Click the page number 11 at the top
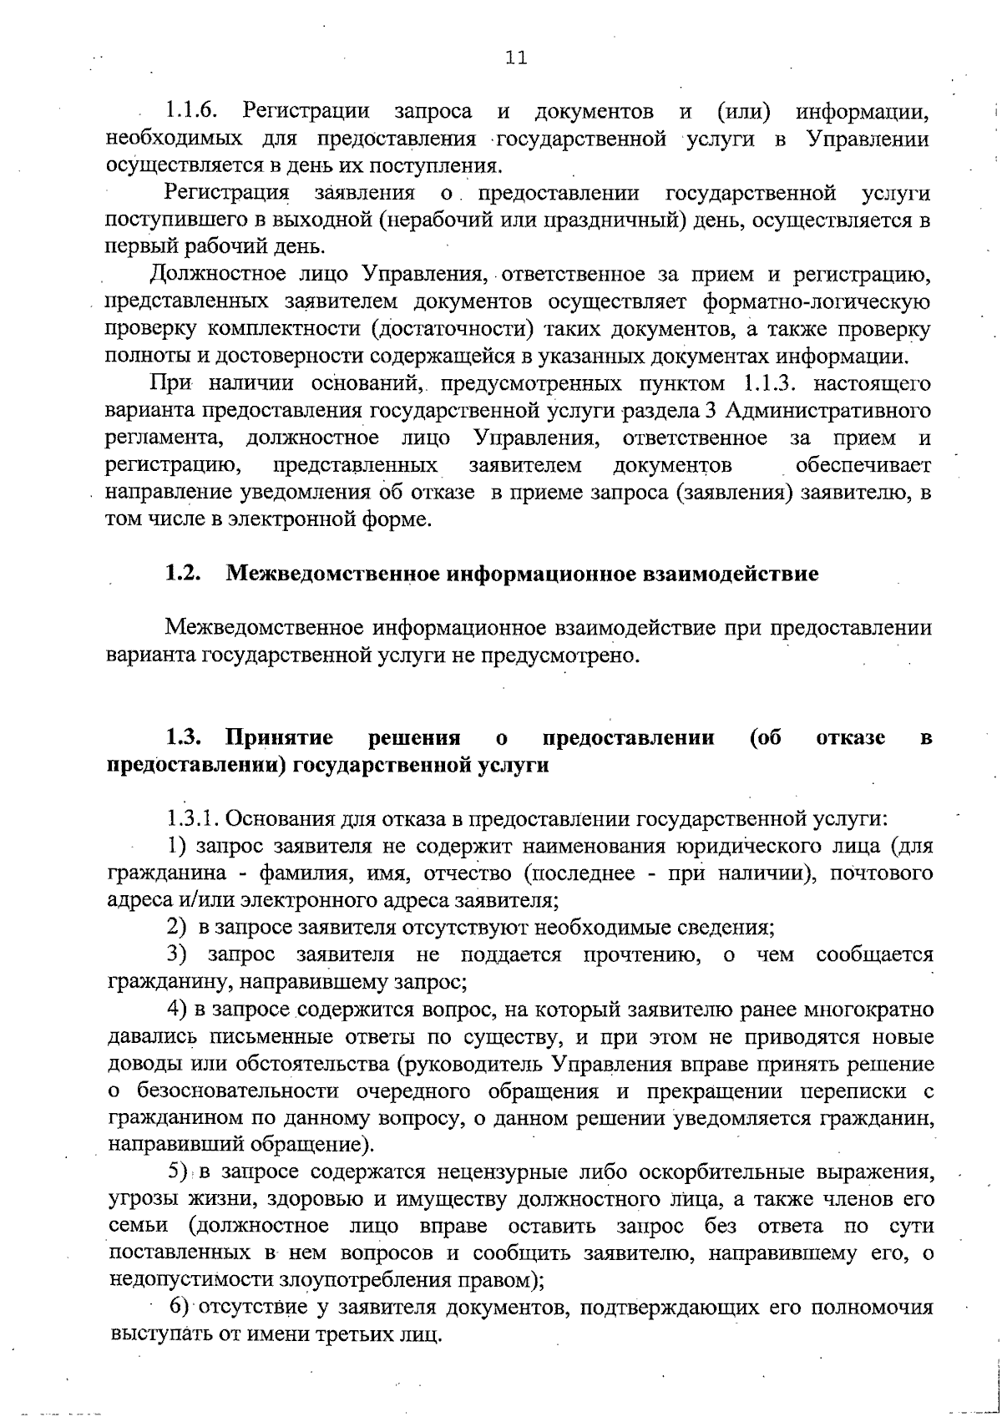[x=515, y=58]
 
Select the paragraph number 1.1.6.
[x=191, y=110]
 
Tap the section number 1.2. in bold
[x=184, y=574]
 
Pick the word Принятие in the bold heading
[x=280, y=738]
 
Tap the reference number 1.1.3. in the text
[x=769, y=384]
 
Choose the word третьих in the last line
[x=340, y=1333]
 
